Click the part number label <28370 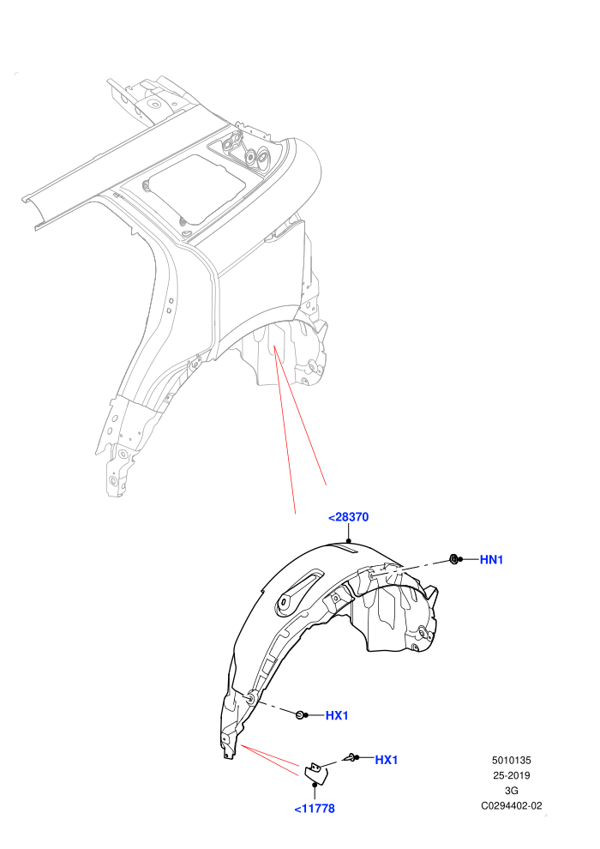point(348,517)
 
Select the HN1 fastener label point(491,560)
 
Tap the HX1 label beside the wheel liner point(337,716)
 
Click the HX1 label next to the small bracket point(387,760)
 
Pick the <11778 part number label point(315,809)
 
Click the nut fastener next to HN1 point(453,558)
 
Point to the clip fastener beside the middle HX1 point(300,715)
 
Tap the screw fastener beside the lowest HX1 point(353,757)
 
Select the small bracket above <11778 point(314,771)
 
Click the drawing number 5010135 point(511,760)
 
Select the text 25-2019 point(511,775)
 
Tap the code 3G point(511,791)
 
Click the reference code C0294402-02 point(511,805)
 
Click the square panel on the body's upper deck point(197,190)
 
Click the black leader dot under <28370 point(349,539)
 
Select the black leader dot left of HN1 point(460,559)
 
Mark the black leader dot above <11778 point(315,785)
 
